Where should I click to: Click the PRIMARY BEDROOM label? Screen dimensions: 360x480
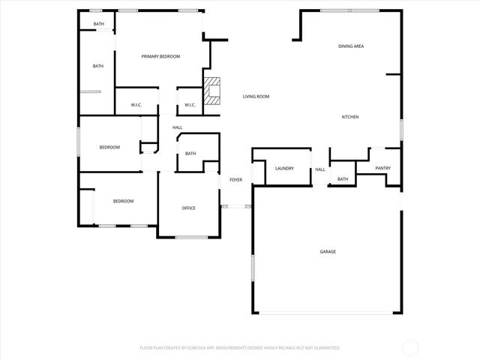pyautogui.click(x=160, y=56)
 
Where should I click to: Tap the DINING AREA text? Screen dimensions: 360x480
pyautogui.click(x=351, y=46)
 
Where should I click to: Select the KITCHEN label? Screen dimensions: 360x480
pyautogui.click(x=350, y=117)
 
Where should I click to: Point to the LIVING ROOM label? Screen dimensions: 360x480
pyautogui.click(x=256, y=97)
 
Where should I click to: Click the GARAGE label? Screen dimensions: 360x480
pyautogui.click(x=328, y=251)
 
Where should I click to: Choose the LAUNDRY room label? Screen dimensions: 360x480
pyautogui.click(x=284, y=168)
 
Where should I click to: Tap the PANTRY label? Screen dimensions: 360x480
pyautogui.click(x=382, y=168)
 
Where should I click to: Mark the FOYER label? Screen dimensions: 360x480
pyautogui.click(x=235, y=180)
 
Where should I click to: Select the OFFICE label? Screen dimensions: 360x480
pyautogui.click(x=189, y=208)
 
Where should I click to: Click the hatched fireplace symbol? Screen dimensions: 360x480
pyautogui.click(x=214, y=91)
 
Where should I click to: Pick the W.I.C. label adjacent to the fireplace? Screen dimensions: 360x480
pyautogui.click(x=190, y=104)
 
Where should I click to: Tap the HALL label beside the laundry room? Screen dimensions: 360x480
pyautogui.click(x=320, y=169)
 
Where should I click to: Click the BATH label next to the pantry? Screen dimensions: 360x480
pyautogui.click(x=343, y=179)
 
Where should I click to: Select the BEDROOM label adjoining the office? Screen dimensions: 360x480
pyautogui.click(x=123, y=201)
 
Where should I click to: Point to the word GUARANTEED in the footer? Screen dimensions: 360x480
pyautogui.click(x=325, y=348)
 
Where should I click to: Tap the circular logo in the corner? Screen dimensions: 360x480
pyautogui.click(x=410, y=347)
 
